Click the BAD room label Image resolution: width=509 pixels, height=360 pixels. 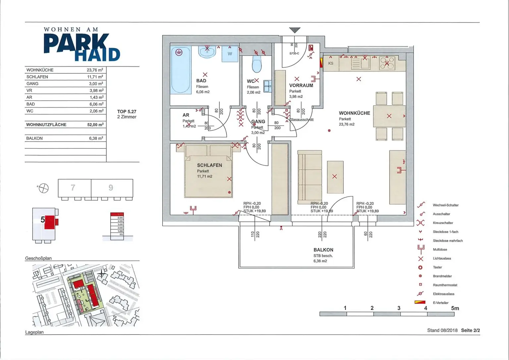pos(201,81)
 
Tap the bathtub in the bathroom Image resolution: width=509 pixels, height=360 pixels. pos(181,70)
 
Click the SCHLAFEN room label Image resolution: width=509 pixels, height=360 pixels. pos(209,165)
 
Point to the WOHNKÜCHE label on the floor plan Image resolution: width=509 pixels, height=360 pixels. pos(354,113)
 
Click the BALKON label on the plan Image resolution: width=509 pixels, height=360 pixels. pos(323,250)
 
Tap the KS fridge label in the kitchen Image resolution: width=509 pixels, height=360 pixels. pos(331,63)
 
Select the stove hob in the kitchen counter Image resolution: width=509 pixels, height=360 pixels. pos(387,63)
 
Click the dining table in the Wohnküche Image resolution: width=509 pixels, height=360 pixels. pos(389,116)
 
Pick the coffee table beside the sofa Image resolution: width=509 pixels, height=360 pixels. pos(335,177)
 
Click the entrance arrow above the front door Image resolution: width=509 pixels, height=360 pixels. pos(295,30)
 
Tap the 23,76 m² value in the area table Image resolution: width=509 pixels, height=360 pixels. pos(95,70)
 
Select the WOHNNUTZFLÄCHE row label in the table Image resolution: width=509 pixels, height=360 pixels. pos(46,125)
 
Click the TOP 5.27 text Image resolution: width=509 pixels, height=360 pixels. pos(127,112)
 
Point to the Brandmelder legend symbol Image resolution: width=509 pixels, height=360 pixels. pos(420,276)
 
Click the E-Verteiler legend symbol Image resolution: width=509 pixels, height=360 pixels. pos(420,302)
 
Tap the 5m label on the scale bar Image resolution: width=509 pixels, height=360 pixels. pos(455,308)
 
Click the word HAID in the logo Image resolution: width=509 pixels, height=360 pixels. pos(97,54)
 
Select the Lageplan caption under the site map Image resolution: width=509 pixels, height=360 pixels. pos(34,332)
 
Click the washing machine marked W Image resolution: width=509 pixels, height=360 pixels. pos(230,54)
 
